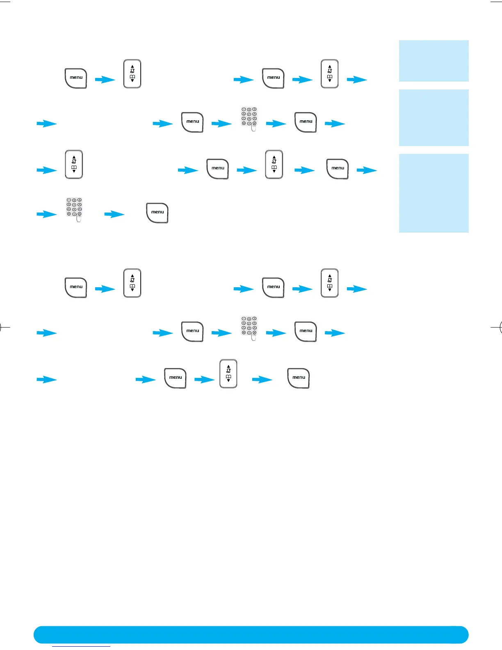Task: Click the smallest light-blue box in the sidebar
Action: coord(434,61)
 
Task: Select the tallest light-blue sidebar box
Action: coord(434,193)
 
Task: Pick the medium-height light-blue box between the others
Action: coord(434,117)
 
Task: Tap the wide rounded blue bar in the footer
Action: coord(251,634)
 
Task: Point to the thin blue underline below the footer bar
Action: coord(81,646)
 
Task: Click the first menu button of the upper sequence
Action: coord(76,78)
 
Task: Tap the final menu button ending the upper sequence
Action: coord(157,213)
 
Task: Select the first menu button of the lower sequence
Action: coord(76,287)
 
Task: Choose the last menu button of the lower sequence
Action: coord(299,378)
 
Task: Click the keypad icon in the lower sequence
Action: coord(249,326)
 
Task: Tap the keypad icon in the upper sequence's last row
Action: coord(74,208)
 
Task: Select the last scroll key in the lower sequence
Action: coord(228,373)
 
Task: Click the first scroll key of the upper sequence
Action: coord(132,74)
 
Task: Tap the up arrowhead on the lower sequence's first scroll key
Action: coord(132,276)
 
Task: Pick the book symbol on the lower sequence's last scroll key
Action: coord(228,376)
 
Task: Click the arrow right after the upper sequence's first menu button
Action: coord(105,80)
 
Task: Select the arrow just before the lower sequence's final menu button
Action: coord(262,380)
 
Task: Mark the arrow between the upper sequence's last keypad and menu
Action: coord(114,214)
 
